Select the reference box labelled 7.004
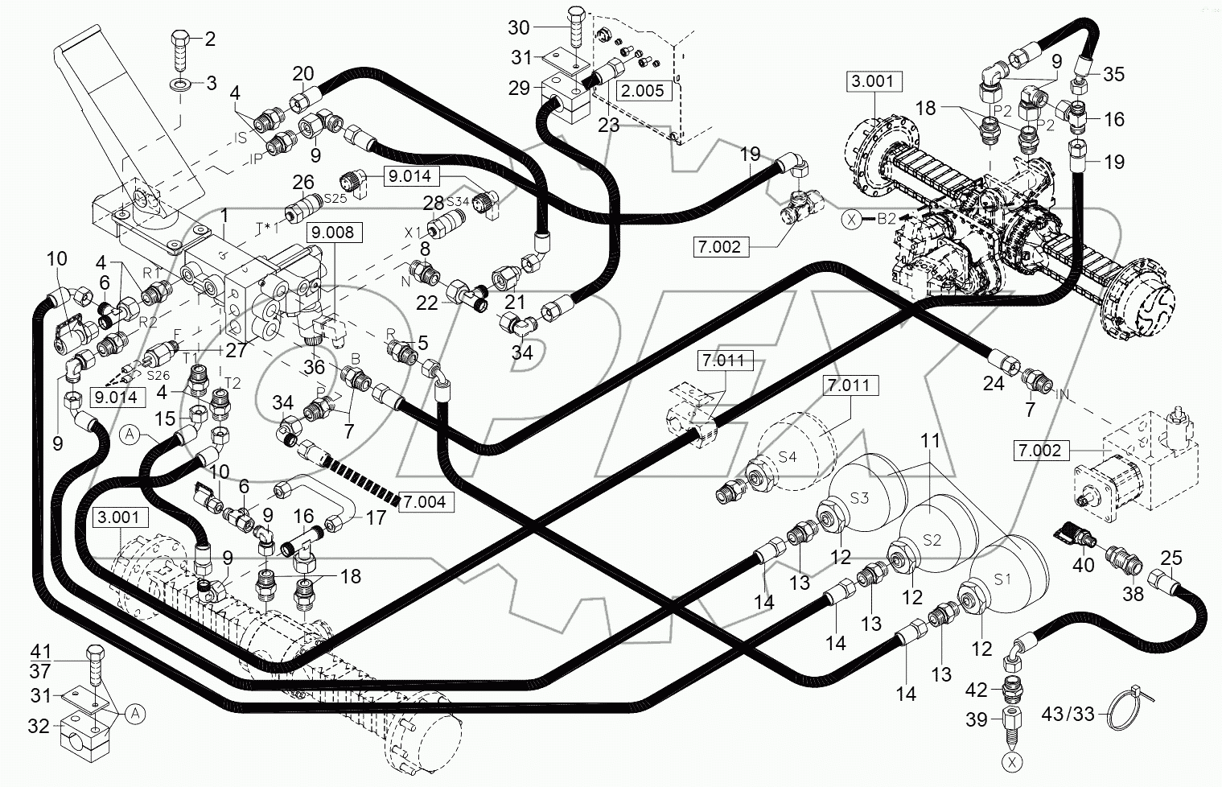pos(426,502)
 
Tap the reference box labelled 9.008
pos(334,233)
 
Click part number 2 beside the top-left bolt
pos(210,39)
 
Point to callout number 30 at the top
pos(519,27)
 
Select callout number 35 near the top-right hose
pos(1113,74)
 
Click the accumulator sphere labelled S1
pos(1010,579)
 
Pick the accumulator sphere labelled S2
pos(938,536)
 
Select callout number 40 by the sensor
pos(1084,564)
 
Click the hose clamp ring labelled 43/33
pos(1125,712)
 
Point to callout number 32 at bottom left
pos(39,726)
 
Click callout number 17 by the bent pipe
pos(375,517)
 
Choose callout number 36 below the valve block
pos(314,367)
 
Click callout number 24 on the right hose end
pos(994,383)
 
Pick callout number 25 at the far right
pos(1171,558)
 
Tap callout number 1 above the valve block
pos(224,215)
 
